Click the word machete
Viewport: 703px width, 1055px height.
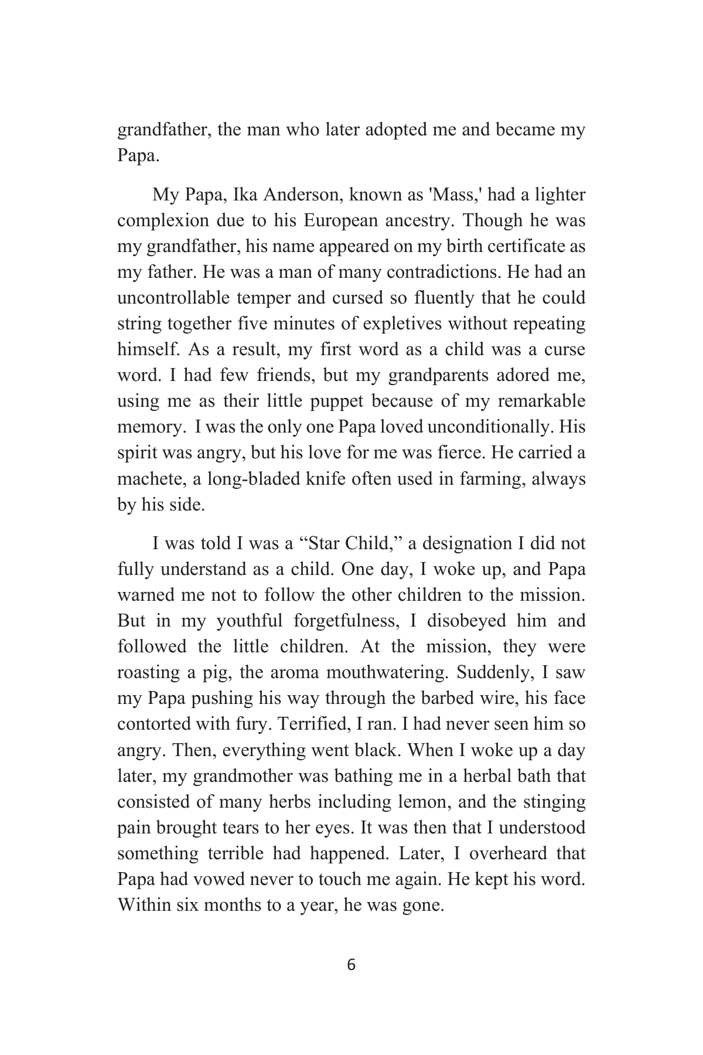tap(151, 479)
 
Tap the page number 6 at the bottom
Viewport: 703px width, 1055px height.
tap(351, 965)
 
